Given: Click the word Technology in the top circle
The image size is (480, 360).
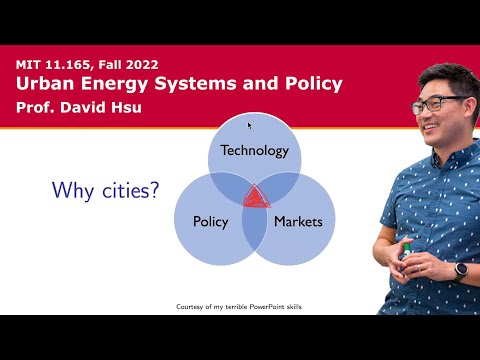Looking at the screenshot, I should click(x=254, y=151).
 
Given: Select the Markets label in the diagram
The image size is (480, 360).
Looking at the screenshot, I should click(x=298, y=221).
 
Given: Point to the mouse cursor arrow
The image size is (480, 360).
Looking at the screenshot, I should click(x=249, y=125).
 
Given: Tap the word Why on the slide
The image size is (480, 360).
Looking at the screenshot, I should click(x=73, y=189).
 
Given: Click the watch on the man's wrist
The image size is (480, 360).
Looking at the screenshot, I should click(x=461, y=269).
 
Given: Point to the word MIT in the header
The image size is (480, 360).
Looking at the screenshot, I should click(x=29, y=63).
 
